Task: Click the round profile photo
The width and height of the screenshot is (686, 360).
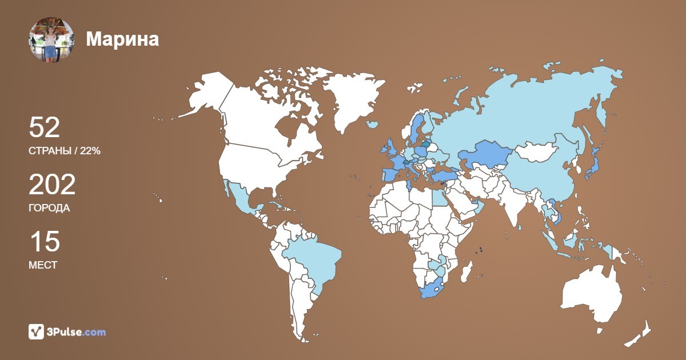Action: coord(51,39)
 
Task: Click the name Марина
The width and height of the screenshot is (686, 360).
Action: coord(122,39)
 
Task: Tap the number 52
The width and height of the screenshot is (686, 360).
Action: coord(45,127)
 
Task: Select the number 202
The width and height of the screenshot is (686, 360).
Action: coord(52,185)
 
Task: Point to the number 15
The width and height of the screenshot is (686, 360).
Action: coord(44,242)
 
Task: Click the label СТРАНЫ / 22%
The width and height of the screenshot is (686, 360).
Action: coord(65,151)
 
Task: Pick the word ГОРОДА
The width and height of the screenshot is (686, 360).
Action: coord(49,208)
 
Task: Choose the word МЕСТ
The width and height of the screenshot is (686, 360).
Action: coord(43,265)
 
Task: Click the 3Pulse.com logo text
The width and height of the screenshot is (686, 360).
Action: coord(77,332)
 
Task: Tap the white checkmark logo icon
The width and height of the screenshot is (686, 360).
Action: coord(36,331)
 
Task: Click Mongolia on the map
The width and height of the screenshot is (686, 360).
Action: coord(537,152)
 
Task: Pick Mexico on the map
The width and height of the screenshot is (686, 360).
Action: coord(243,200)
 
